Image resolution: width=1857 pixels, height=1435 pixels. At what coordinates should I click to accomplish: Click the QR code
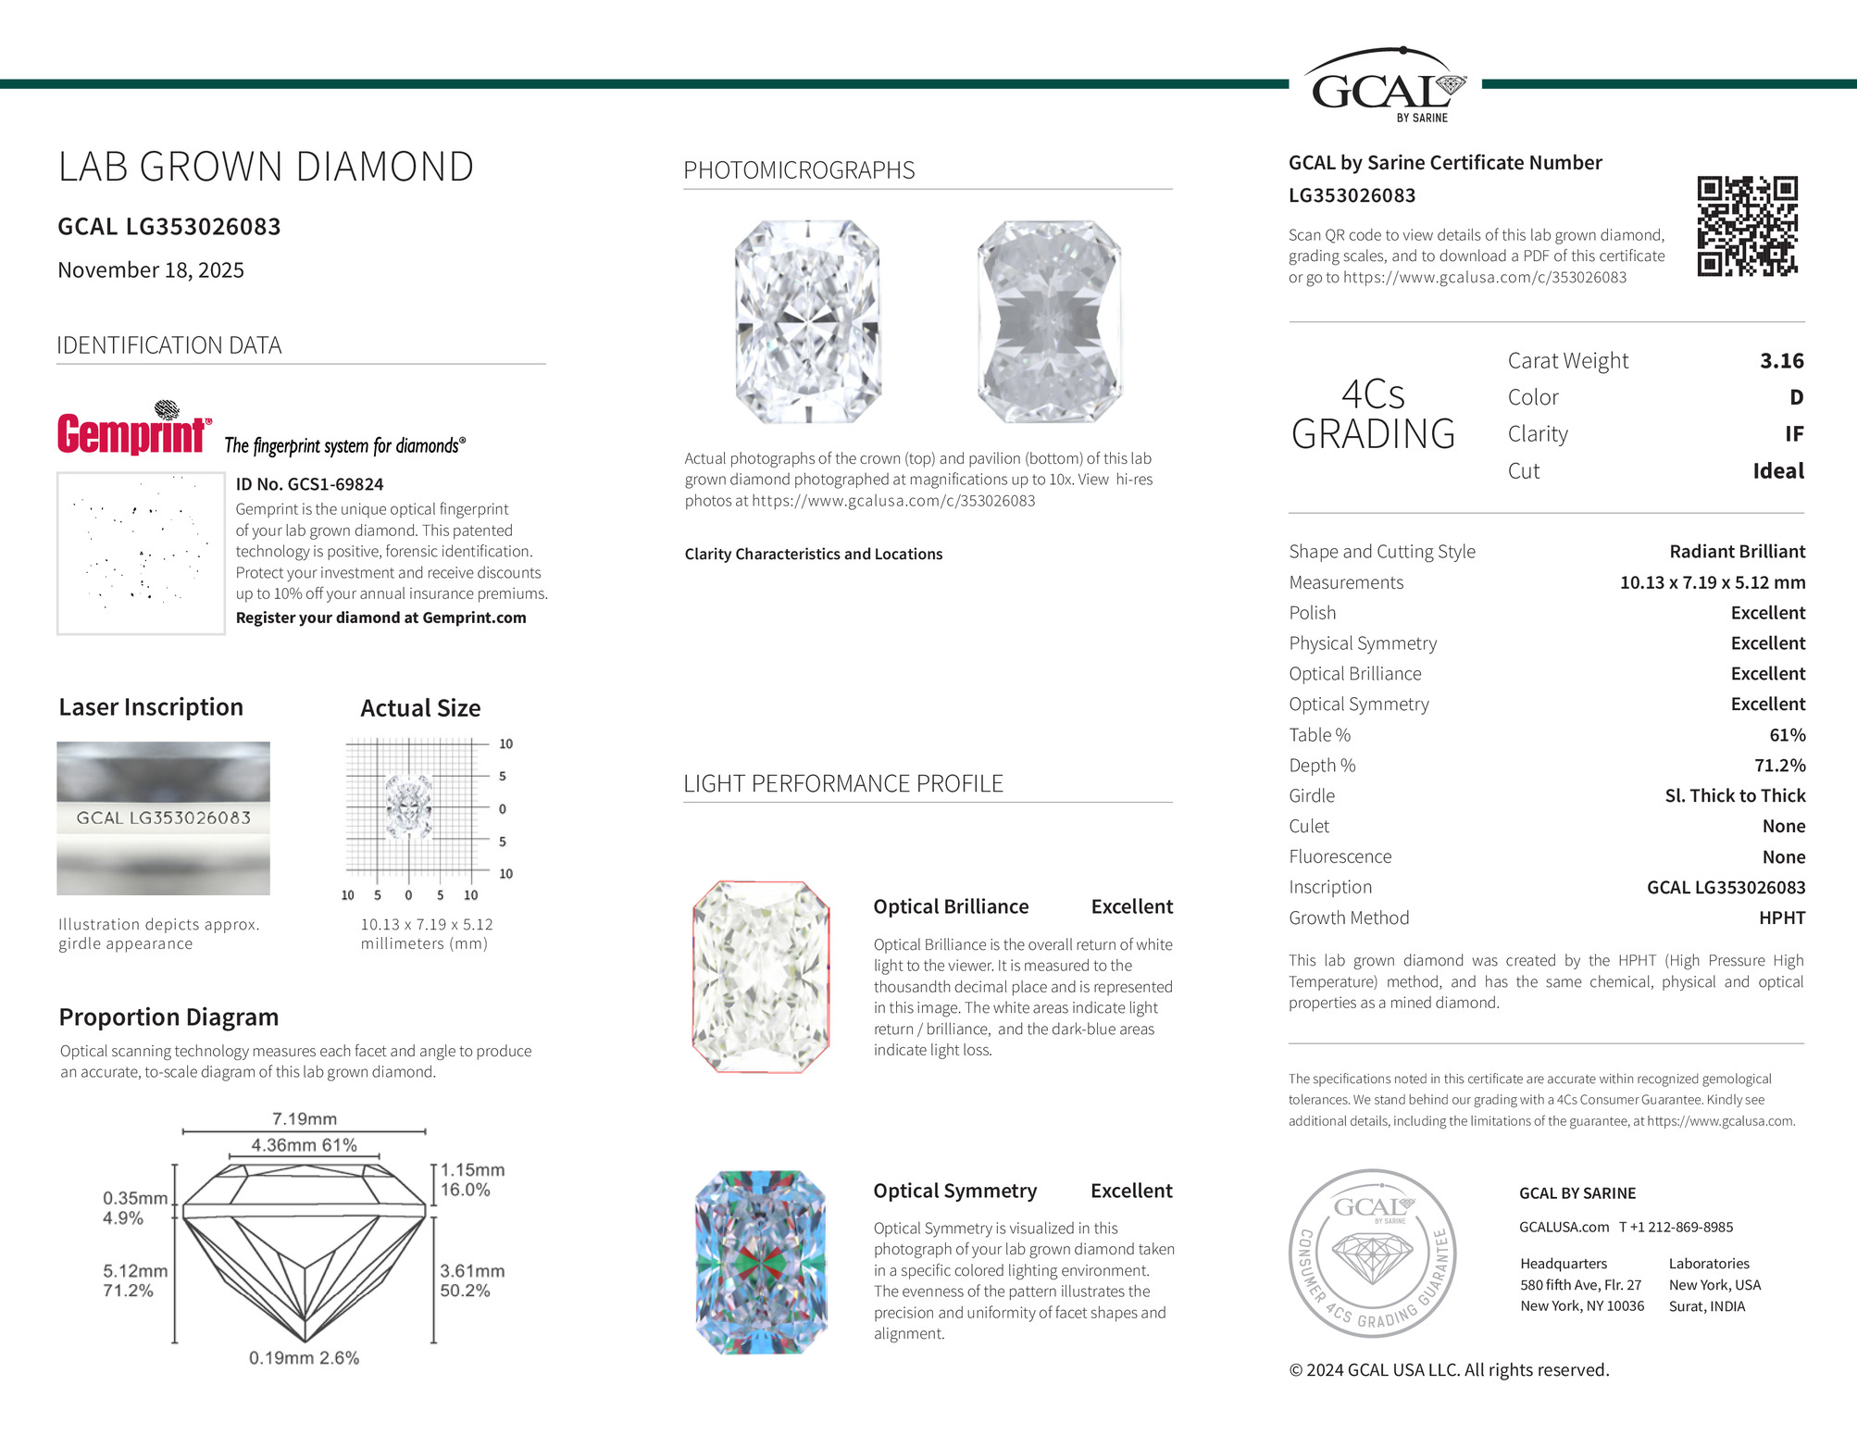(1747, 227)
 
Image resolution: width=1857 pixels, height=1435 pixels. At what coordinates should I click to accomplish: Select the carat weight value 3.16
(1781, 360)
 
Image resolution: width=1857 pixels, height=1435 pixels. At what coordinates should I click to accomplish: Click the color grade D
(1796, 397)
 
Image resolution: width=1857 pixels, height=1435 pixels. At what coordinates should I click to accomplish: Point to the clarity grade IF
(1793, 433)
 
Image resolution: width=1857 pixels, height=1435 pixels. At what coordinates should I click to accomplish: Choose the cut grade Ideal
(1777, 470)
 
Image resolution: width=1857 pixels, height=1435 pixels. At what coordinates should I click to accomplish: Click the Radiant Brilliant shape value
(1737, 551)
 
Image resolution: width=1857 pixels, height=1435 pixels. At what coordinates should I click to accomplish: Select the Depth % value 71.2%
(1779, 765)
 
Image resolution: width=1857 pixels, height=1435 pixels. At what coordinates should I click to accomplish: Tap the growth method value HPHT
(1781, 917)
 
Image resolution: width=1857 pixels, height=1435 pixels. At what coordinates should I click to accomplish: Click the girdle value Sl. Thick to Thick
(1735, 795)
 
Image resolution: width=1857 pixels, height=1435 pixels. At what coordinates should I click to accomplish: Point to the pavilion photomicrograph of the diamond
(1050, 321)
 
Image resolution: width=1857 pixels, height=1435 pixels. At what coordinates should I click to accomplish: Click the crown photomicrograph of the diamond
(807, 321)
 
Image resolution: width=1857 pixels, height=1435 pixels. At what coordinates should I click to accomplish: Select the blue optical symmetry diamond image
(761, 1262)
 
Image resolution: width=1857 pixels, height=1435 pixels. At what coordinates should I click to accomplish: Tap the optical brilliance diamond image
(761, 977)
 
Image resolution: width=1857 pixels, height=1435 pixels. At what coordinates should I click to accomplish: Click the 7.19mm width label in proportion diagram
(305, 1118)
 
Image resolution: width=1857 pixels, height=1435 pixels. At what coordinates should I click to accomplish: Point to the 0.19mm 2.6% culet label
(304, 1357)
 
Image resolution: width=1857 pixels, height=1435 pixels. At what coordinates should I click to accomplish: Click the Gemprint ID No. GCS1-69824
(309, 484)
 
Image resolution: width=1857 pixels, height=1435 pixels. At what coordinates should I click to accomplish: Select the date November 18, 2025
(151, 270)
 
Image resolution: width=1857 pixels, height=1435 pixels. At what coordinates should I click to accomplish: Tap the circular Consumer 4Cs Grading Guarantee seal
(1373, 1253)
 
